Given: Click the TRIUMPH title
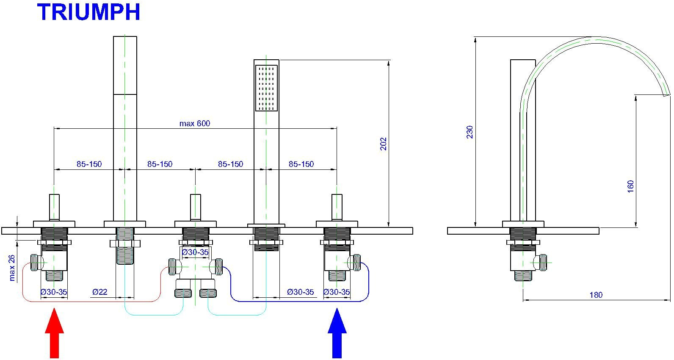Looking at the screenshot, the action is [89, 12].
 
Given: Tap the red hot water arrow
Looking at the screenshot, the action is [55, 333].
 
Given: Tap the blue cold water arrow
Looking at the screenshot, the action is [337, 333].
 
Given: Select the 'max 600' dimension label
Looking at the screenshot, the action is [195, 123].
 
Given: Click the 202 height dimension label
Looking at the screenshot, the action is [383, 144].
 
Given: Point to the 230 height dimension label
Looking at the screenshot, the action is [470, 132].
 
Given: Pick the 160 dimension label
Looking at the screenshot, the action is [630, 186].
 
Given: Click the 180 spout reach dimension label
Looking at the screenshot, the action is [596, 295].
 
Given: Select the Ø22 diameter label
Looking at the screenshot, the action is [100, 292].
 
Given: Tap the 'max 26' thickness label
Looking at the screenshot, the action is [12, 268].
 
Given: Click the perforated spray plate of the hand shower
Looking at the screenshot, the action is [266, 88].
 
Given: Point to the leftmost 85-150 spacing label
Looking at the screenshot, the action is [89, 164].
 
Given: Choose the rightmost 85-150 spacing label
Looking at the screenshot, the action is [301, 164].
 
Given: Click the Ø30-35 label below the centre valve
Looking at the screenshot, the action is [195, 252].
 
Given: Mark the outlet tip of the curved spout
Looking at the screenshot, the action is [667, 95].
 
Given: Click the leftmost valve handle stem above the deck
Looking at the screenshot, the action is [54, 208].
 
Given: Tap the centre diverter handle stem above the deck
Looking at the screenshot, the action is [196, 208].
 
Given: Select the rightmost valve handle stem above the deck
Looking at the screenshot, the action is [337, 208].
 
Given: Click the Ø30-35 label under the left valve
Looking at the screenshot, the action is [54, 292].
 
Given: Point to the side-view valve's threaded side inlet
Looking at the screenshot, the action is [543, 263].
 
